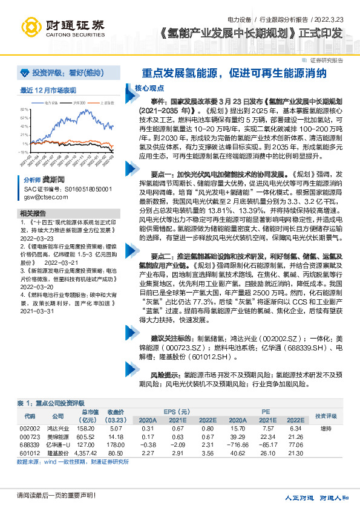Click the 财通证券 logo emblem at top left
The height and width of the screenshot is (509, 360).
pos(31,27)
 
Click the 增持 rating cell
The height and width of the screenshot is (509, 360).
pos(326,429)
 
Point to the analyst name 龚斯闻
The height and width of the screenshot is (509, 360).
pos(52,180)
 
